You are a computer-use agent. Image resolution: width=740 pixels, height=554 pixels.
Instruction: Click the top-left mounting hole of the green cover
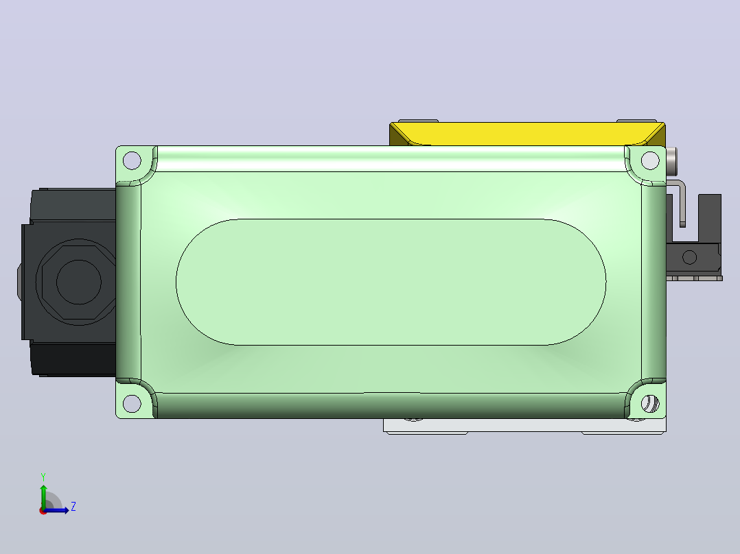tap(132, 160)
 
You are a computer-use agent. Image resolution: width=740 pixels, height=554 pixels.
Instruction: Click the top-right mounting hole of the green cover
tap(650, 160)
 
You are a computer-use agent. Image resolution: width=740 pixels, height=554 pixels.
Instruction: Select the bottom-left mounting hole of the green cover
tap(132, 404)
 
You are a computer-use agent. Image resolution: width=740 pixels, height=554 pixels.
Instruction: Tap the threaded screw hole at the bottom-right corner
tap(650, 404)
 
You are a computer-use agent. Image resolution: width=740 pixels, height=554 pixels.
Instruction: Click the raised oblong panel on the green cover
tap(391, 282)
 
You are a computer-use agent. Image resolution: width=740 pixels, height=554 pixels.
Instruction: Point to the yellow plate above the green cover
tap(527, 134)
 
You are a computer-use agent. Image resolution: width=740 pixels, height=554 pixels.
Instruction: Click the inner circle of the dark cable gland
tap(79, 282)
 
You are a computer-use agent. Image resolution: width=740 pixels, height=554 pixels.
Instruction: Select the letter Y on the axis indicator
tap(43, 477)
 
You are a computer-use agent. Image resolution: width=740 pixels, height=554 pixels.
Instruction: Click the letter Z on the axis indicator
tap(73, 507)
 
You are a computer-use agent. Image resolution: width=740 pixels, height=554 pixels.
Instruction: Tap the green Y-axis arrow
tap(44, 496)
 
